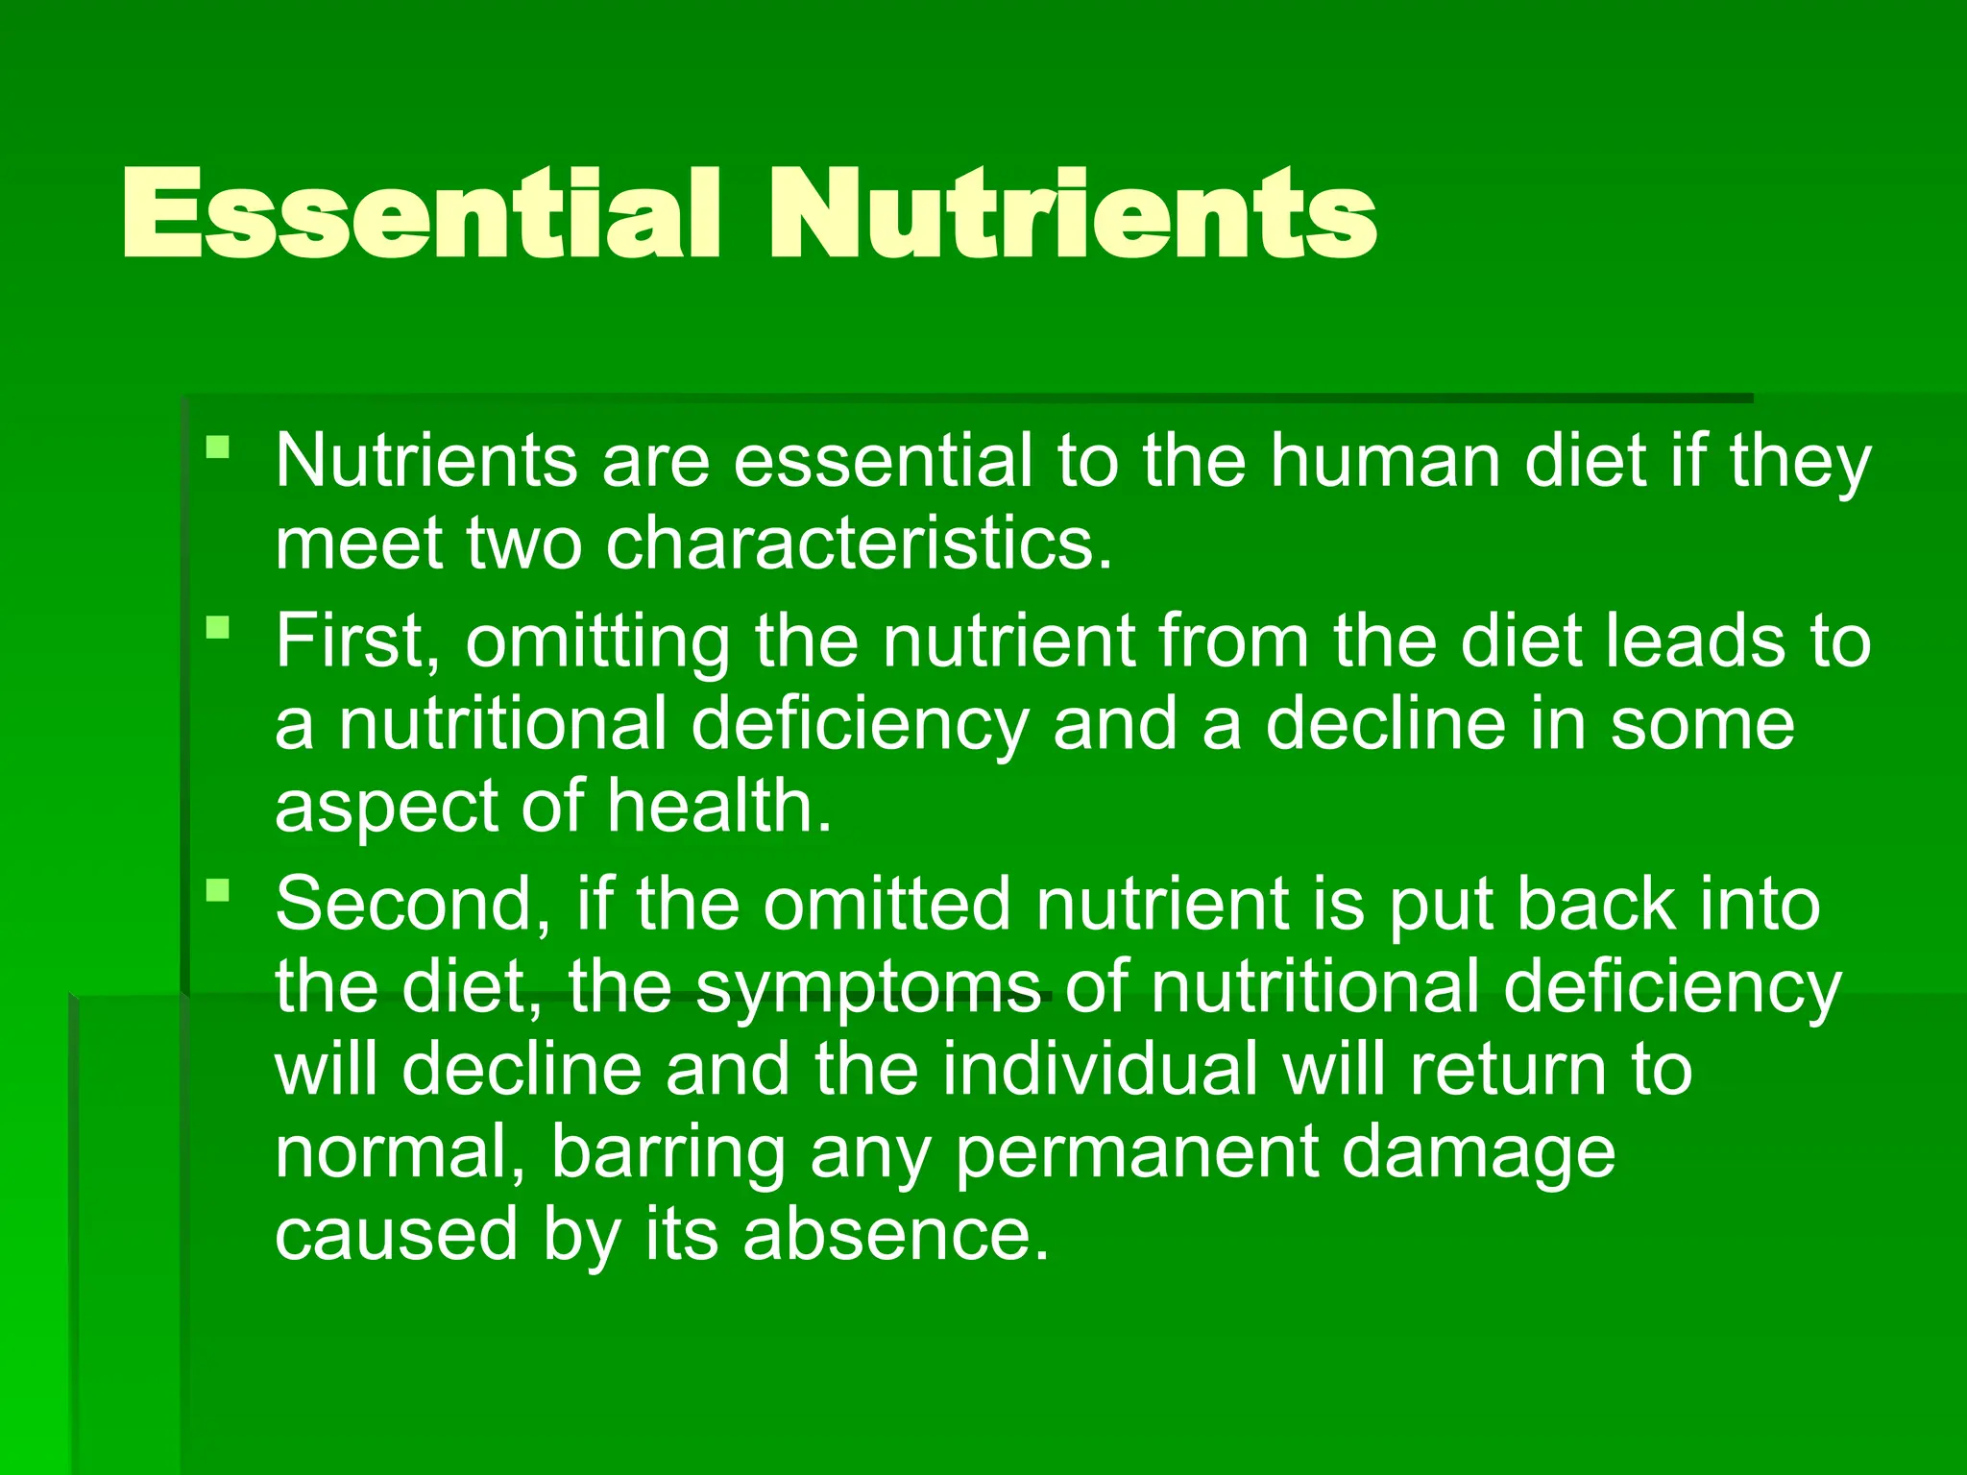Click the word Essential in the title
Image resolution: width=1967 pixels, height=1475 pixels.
[421, 213]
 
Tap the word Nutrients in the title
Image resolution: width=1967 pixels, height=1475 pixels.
[1073, 213]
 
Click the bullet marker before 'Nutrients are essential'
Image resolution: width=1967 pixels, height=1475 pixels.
[218, 447]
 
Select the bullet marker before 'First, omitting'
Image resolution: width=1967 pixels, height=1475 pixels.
[218, 628]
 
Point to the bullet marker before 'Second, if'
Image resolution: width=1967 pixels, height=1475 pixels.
[218, 890]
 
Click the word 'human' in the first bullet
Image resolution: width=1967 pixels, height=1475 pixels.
[1387, 461]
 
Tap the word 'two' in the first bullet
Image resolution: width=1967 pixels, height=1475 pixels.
[524, 544]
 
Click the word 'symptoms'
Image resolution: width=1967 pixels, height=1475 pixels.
[868, 989]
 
